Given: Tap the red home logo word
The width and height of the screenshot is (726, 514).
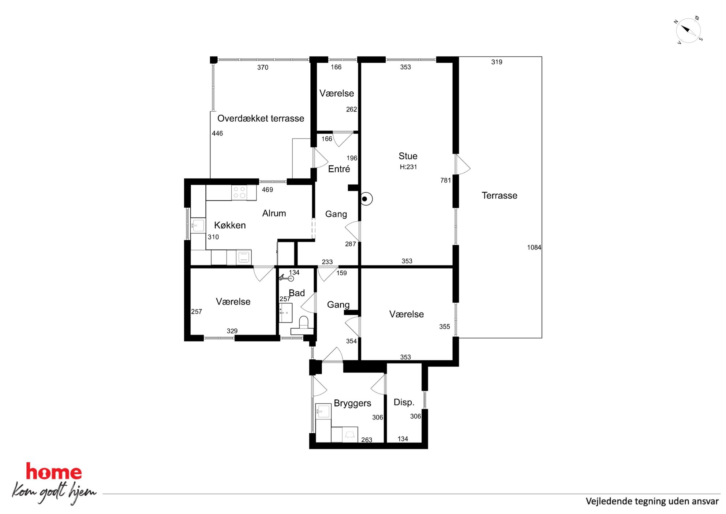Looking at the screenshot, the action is tap(54, 472).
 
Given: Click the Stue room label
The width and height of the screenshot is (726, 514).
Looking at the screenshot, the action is tap(408, 156).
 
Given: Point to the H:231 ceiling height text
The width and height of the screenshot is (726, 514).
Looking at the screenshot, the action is tap(408, 167).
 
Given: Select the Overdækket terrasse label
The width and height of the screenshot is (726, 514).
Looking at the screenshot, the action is tap(261, 118).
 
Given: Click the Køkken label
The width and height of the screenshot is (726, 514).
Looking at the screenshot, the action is tap(230, 225).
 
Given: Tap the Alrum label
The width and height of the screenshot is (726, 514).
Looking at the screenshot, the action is tap(274, 213).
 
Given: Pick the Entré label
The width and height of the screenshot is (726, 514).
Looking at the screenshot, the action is tap(339, 169).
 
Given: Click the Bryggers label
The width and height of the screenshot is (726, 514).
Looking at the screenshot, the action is tap(352, 403).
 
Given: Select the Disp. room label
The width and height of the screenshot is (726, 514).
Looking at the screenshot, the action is tap(404, 402).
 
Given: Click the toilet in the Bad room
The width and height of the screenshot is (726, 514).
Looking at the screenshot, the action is tap(303, 326).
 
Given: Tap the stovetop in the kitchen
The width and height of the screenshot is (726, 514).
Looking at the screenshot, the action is tap(239, 193).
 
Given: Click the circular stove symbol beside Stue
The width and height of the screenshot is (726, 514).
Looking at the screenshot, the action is tap(365, 199).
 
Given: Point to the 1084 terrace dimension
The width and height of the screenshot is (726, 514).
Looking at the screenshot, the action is tap(534, 248).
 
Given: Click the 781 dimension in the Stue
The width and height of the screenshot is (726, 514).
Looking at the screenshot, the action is tap(445, 180).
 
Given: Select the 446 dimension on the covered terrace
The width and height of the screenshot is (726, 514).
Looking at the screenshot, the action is tap(217, 133).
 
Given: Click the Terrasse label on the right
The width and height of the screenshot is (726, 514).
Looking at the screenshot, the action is tap(499, 196).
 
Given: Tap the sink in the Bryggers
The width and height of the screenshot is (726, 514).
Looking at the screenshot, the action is tap(323, 411).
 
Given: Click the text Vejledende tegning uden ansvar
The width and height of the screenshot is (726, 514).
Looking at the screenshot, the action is tap(652, 502).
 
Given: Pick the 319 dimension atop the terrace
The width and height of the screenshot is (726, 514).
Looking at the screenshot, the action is tap(497, 62).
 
